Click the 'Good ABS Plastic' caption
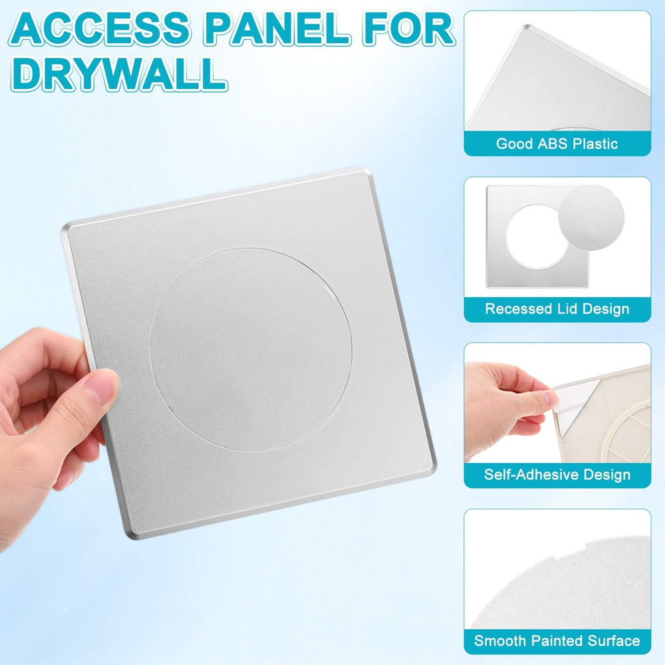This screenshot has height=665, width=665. point(557,144)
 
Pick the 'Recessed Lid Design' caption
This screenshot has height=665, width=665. point(557,309)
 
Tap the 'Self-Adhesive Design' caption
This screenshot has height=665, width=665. point(557,475)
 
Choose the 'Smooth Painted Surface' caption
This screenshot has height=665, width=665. point(557,641)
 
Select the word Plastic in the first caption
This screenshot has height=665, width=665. point(595,144)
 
